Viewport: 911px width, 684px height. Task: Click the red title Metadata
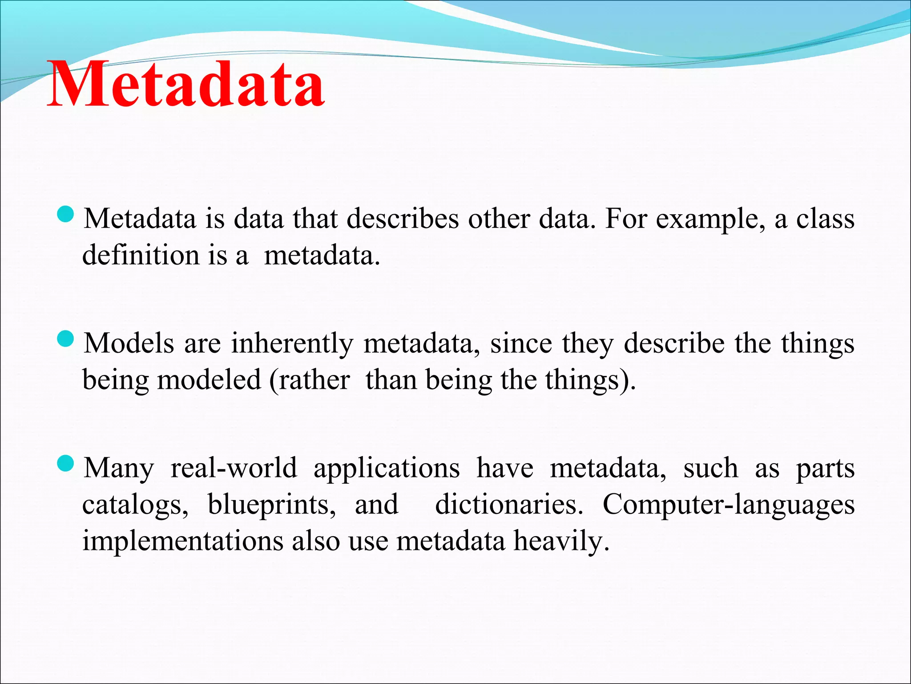[x=186, y=85]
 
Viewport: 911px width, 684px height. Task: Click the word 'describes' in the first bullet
[x=402, y=219]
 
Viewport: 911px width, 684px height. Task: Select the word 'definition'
[x=141, y=255]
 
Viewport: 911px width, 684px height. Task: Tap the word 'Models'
[x=129, y=344]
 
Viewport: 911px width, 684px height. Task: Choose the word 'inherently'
[x=292, y=344]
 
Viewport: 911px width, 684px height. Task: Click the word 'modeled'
[x=209, y=380]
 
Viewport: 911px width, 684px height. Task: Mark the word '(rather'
[x=309, y=381]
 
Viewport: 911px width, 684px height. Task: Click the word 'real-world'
[x=234, y=468]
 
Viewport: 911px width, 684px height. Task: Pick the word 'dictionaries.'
[x=509, y=505]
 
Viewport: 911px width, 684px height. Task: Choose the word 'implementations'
[x=183, y=541]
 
